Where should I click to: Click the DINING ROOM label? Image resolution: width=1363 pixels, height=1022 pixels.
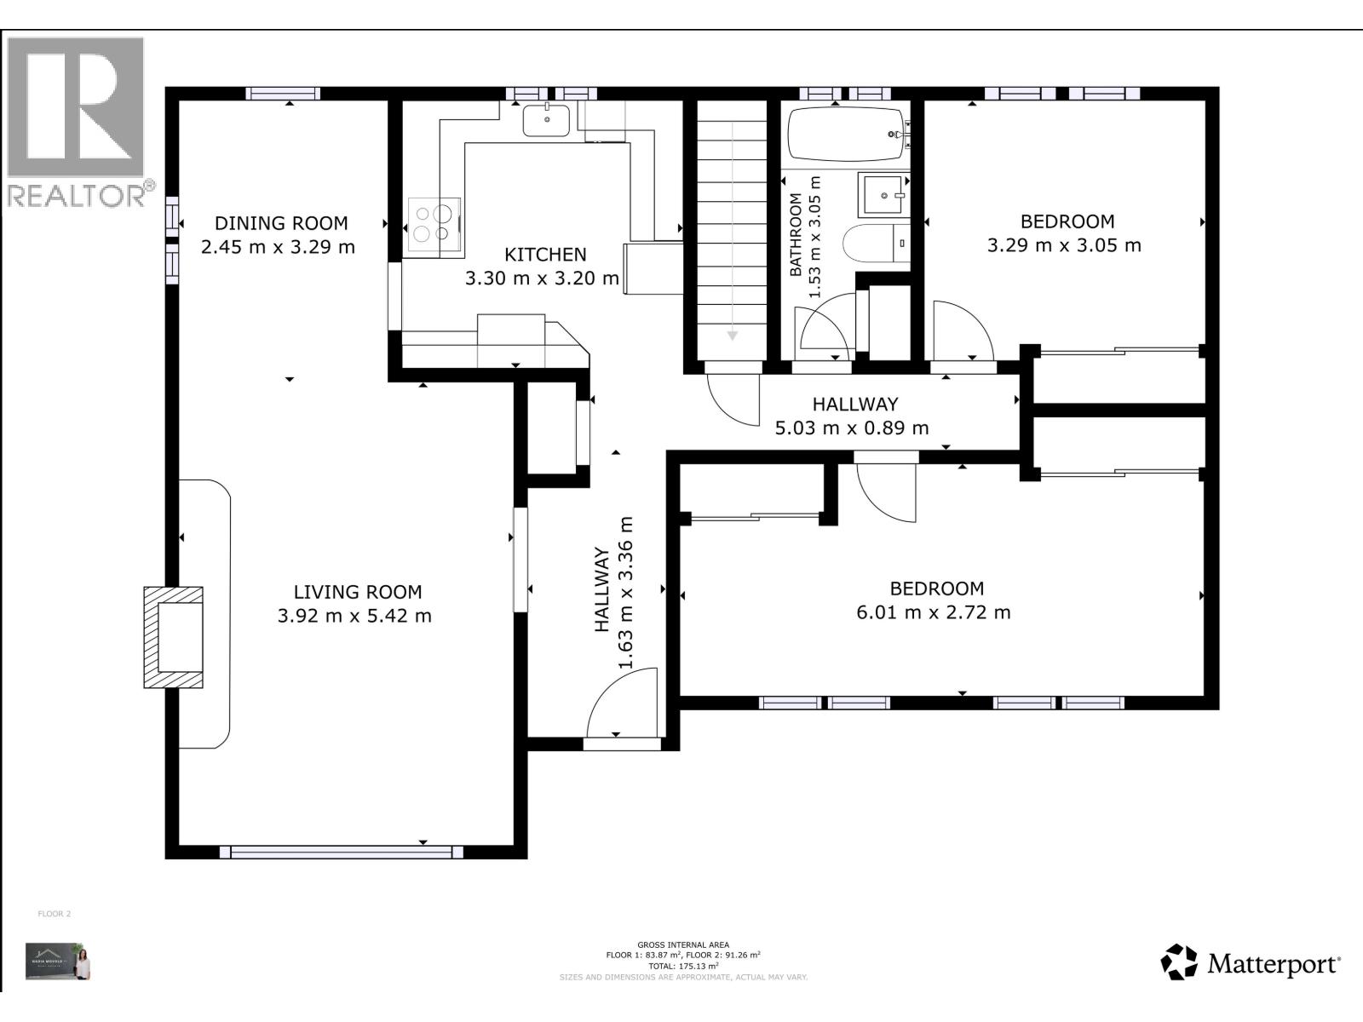280,223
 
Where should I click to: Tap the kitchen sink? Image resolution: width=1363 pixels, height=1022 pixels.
546,120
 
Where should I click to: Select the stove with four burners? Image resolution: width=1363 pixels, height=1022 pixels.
434,224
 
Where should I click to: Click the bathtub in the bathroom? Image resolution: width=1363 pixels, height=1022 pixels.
845,134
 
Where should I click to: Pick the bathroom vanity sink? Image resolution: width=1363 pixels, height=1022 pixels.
883,195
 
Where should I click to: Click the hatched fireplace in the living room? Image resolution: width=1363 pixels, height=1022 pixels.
175,637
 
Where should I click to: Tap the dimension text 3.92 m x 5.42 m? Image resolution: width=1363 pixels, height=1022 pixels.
354,616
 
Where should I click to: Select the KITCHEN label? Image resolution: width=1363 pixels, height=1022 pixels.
545,255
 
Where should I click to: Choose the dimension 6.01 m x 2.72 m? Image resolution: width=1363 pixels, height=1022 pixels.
934,612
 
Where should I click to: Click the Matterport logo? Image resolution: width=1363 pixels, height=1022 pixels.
1250,963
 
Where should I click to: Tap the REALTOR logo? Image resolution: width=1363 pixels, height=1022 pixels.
77,119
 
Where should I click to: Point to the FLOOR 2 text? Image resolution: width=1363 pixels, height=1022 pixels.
55,914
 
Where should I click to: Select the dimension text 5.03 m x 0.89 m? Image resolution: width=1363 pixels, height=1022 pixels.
852,428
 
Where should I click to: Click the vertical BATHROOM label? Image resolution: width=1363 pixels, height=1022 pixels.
796,235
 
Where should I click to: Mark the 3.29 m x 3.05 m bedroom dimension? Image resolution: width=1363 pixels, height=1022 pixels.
1064,245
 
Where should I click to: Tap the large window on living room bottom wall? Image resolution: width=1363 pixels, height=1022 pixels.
341,852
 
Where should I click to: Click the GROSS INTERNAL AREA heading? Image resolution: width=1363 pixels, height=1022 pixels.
683,944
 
